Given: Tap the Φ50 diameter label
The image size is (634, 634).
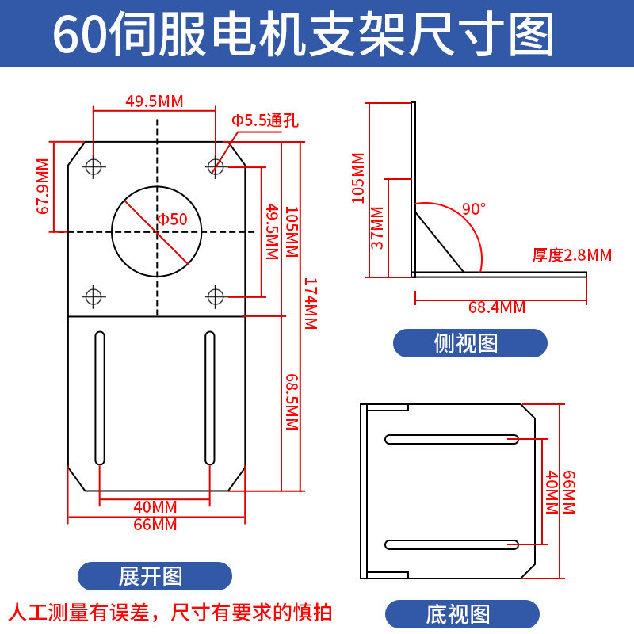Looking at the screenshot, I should click(x=173, y=220).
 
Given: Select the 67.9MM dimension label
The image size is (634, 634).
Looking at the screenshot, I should click(x=42, y=186).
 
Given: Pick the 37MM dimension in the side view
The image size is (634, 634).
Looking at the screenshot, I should click(x=377, y=227).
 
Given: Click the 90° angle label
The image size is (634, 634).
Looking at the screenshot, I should click(x=473, y=209).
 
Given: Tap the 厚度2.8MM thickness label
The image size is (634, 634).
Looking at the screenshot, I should click(x=571, y=255).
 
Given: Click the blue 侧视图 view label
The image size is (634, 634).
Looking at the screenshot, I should click(x=471, y=343).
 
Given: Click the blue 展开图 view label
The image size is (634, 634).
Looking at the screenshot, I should click(x=155, y=576).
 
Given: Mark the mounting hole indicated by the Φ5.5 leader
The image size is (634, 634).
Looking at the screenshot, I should click(x=215, y=166).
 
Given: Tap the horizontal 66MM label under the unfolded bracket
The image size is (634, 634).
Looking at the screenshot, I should click(x=155, y=525).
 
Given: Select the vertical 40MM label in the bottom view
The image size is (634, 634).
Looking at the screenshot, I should click(x=551, y=492).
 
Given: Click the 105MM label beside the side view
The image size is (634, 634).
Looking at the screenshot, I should click(x=358, y=178).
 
